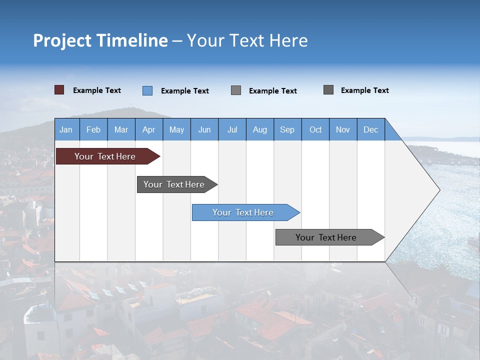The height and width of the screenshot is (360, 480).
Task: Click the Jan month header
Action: coord(66,130)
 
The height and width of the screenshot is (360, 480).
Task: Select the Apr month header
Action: coord(149,130)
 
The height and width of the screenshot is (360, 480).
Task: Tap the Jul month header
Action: coord(232,130)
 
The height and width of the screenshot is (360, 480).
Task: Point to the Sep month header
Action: coord(287,130)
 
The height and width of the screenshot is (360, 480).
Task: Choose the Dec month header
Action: coord(371,130)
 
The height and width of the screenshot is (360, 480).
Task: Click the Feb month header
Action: coord(93,130)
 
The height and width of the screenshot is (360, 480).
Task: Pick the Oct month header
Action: coord(315,130)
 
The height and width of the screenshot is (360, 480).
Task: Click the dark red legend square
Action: coord(59,90)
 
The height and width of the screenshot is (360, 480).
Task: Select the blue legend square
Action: coord(147,90)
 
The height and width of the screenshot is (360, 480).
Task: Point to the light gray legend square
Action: coord(236,90)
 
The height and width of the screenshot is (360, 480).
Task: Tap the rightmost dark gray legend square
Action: coord(328,90)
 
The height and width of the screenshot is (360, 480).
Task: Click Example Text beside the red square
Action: coord(97,90)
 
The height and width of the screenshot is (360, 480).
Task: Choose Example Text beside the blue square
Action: coord(185,91)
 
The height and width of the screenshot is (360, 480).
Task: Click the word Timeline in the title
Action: coord(132,40)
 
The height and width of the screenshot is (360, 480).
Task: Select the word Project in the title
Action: coord(62,40)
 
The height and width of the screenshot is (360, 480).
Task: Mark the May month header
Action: coord(176,130)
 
